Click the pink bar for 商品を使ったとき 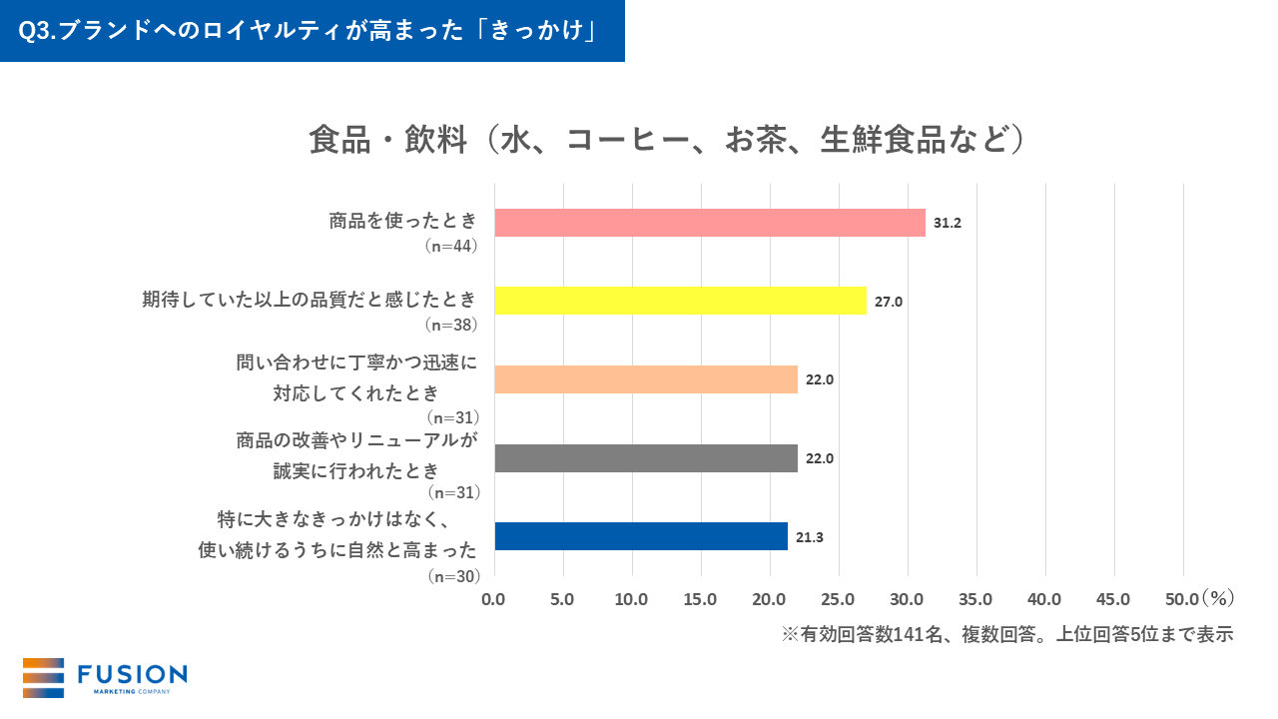click(x=710, y=223)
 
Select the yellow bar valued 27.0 click(x=680, y=301)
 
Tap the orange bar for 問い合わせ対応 click(x=646, y=379)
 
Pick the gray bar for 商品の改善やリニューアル click(x=646, y=458)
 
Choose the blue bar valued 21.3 click(x=641, y=536)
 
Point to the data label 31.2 click(x=947, y=223)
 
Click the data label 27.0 click(x=888, y=302)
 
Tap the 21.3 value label click(x=810, y=537)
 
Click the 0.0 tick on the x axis click(x=494, y=599)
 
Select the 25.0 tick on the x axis click(x=838, y=599)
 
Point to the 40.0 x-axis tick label click(x=1044, y=599)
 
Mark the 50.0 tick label click(x=1181, y=599)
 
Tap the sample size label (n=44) click(x=452, y=246)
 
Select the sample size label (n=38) click(x=452, y=325)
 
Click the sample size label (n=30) click(x=452, y=576)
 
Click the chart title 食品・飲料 click(x=667, y=140)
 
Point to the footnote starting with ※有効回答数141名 click(x=1007, y=634)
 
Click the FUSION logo click(x=105, y=677)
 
